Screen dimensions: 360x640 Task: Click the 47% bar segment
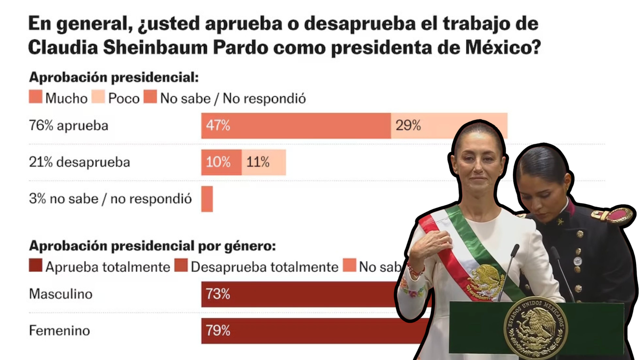point(295,126)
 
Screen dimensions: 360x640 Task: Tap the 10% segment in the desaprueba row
point(221,162)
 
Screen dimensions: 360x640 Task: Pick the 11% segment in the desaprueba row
point(264,162)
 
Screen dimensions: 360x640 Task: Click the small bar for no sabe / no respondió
point(207,199)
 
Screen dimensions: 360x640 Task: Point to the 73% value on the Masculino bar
point(218,294)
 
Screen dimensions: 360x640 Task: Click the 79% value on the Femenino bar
point(218,331)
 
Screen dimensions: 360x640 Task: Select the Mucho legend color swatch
point(35,98)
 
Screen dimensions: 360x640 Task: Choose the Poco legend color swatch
point(98,98)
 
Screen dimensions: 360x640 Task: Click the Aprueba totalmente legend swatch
point(35,266)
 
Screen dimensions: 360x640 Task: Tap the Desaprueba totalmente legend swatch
point(181,266)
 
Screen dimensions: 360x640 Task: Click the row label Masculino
point(60,294)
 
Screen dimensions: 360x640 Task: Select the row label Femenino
point(59,331)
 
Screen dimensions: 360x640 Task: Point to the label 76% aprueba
point(69,126)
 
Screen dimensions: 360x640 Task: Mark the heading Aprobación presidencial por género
point(152,246)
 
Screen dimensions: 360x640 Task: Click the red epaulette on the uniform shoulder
point(613,216)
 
